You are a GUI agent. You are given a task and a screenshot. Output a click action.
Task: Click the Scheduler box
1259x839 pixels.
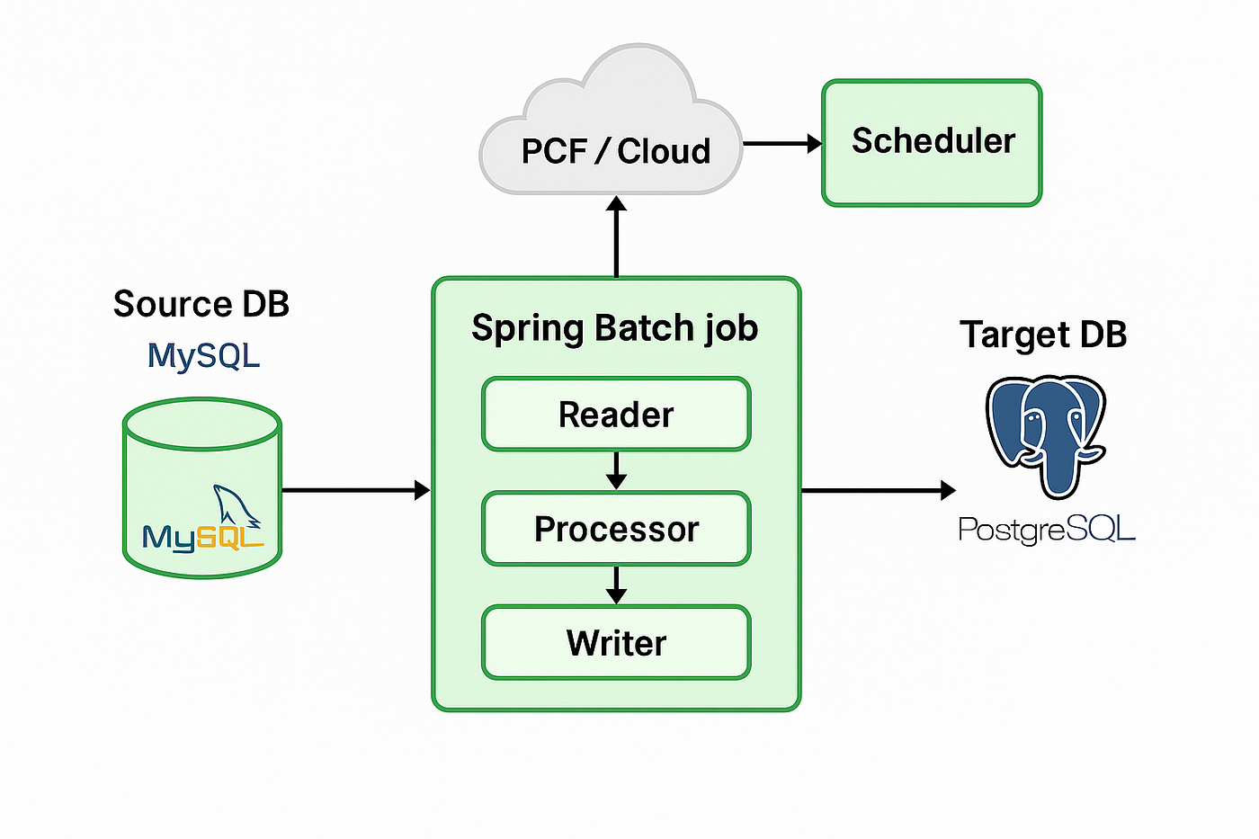pos(932,143)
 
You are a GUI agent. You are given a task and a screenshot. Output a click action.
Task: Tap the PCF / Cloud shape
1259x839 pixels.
pos(611,120)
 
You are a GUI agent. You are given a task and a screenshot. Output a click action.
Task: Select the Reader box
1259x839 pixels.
pos(616,414)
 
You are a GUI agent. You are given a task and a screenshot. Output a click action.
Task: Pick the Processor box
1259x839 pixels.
pos(616,528)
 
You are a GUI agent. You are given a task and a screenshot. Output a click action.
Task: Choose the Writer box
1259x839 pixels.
pos(616,642)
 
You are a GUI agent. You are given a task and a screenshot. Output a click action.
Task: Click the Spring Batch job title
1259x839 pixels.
pos(615,328)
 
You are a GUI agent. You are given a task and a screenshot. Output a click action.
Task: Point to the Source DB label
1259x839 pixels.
pos(201,303)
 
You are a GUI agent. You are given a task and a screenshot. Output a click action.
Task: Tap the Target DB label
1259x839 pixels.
pos(1043,335)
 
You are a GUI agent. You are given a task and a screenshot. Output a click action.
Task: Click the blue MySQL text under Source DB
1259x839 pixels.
pos(203,356)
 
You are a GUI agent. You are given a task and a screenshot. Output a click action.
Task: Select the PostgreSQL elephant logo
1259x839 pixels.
pos(1046,436)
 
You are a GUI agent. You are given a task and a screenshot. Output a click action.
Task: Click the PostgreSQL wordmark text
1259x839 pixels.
pos(1047,529)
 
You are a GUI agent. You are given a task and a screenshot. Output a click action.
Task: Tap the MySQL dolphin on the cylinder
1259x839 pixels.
pos(236,505)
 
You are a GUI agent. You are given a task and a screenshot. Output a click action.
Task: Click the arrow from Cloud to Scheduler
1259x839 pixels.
pos(782,144)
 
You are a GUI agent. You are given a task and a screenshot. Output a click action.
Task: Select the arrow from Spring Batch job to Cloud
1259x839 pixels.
pos(616,237)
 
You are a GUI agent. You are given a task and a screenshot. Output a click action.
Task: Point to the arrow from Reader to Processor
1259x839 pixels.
pos(616,470)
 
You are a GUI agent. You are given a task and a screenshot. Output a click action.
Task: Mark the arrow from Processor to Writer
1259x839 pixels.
pos(616,585)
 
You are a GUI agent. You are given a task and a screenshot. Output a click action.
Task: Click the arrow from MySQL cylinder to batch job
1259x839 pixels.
pos(356,490)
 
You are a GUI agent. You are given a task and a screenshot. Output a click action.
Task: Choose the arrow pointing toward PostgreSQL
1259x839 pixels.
pos(879,490)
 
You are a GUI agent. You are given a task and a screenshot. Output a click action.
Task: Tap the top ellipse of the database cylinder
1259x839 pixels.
pos(201,424)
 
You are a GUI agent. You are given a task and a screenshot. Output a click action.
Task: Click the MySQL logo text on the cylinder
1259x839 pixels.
pos(203,538)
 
